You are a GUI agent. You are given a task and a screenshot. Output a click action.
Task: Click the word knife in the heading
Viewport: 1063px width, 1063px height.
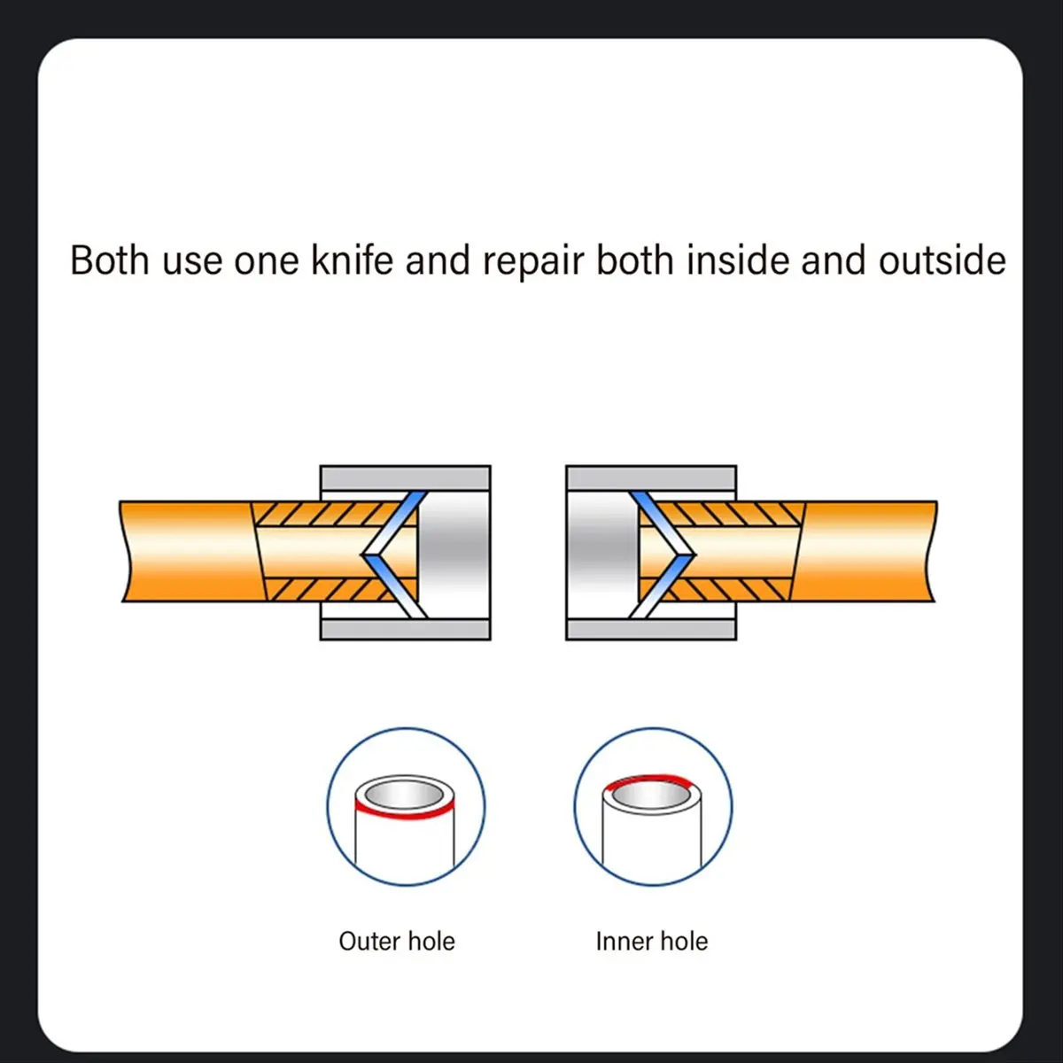tap(352, 260)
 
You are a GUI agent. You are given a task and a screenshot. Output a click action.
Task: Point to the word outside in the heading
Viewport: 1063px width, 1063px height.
tap(943, 260)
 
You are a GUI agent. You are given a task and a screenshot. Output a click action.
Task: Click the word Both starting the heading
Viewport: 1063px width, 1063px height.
tap(110, 260)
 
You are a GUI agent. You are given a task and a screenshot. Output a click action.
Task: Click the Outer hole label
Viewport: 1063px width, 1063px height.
tap(397, 941)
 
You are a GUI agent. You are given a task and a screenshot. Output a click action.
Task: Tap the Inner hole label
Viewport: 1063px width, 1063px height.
tap(651, 941)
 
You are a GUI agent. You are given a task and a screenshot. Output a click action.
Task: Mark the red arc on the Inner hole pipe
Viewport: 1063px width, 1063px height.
tap(646, 777)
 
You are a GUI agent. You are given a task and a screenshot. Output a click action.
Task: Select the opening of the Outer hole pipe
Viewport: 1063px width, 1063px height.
tap(404, 795)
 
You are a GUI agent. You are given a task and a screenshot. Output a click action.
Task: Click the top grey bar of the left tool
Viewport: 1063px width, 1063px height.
tap(406, 477)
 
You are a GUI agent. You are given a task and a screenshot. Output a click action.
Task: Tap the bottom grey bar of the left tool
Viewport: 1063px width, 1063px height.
tap(406, 630)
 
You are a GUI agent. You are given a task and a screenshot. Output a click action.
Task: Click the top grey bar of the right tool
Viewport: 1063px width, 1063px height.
tap(651, 477)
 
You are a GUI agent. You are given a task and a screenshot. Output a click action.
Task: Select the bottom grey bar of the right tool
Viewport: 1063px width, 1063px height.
tap(651, 630)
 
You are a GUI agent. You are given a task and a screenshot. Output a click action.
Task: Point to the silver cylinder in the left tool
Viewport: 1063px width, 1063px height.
tap(454, 555)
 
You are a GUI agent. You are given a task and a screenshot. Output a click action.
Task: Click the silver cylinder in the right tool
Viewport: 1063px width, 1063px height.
tap(603, 555)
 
